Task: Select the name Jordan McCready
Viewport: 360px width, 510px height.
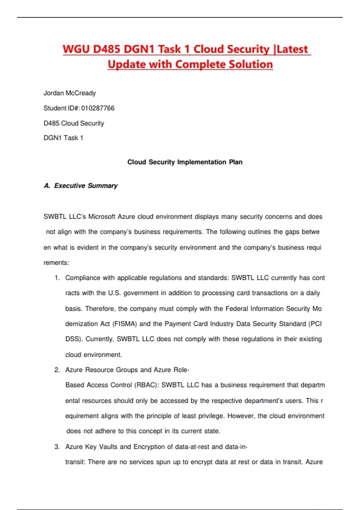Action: tap(70, 93)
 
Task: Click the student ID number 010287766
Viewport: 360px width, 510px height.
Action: tap(98, 108)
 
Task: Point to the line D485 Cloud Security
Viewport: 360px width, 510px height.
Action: tap(74, 123)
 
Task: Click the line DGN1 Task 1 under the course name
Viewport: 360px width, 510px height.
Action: tap(63, 138)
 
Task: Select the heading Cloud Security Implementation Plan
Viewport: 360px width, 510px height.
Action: tap(185, 162)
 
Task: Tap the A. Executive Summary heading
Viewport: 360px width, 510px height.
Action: tap(81, 186)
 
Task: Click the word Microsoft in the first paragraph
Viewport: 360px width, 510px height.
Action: tap(101, 217)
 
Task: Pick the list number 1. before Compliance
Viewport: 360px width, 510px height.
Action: tap(57, 278)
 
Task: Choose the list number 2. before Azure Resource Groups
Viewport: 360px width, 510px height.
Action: tap(57, 370)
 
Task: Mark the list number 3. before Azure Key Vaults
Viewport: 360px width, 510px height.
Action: tap(57, 447)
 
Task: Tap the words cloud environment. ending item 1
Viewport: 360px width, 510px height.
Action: tap(94, 355)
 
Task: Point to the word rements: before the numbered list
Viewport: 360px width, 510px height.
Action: tap(56, 263)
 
